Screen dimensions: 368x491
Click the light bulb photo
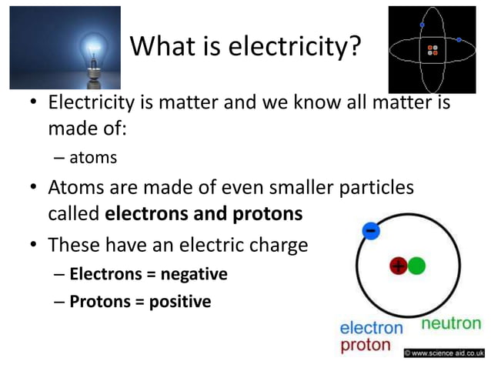tap(65, 47)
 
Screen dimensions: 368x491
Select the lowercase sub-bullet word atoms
tap(93, 158)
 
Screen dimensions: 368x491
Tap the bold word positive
tap(179, 302)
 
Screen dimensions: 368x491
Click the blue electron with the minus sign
tap(371, 231)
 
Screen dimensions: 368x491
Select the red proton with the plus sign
tap(398, 266)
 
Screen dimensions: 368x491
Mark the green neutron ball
tap(416, 266)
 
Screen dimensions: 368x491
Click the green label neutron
tap(451, 324)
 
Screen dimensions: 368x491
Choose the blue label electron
tap(371, 328)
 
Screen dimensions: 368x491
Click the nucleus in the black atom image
tap(434, 51)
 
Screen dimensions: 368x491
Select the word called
tap(73, 214)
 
